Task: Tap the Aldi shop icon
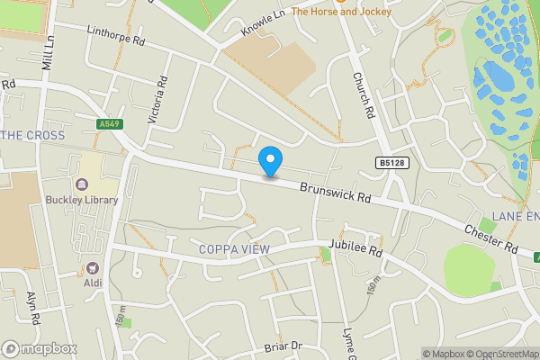click(92, 267)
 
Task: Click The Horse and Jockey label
click(341, 12)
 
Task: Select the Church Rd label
click(363, 97)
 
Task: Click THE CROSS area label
click(35, 135)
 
